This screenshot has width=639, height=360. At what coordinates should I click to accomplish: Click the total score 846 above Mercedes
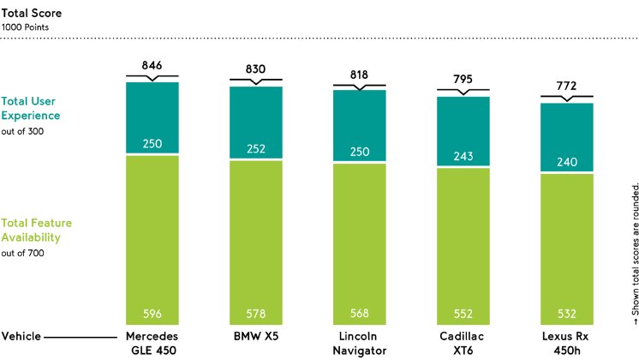tap(152, 65)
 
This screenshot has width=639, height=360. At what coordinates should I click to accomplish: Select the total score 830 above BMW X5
tap(256, 69)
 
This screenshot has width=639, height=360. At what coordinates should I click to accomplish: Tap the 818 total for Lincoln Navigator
tap(360, 74)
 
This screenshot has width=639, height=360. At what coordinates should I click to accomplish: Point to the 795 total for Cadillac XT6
tap(463, 80)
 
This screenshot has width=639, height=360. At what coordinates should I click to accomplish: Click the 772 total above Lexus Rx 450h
tap(566, 87)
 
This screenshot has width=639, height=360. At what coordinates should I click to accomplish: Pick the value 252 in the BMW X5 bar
tap(256, 148)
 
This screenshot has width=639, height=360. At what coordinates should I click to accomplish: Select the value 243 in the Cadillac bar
tap(463, 156)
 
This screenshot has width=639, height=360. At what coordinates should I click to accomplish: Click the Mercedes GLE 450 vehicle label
tap(152, 344)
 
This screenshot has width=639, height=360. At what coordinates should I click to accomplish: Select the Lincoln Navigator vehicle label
tap(360, 344)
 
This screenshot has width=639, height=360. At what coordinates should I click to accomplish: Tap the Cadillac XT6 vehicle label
tap(463, 344)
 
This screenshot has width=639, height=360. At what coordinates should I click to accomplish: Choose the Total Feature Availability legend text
tap(36, 231)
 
